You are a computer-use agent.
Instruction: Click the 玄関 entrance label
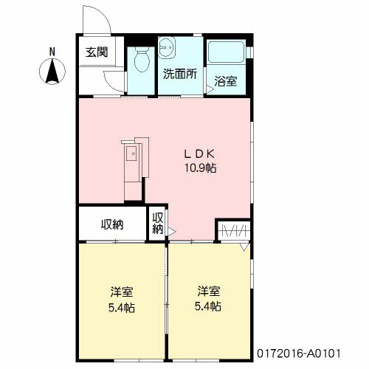[97, 52]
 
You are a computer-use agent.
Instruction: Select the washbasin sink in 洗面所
[167, 48]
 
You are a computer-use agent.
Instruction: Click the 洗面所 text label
[180, 74]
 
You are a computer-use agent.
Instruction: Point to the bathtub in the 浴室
[226, 52]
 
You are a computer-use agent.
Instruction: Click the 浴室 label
[226, 81]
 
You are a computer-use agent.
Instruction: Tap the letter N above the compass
[52, 52]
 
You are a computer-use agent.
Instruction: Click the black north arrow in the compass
[52, 72]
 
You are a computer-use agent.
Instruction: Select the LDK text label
[200, 154]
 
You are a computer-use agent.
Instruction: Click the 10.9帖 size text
[201, 168]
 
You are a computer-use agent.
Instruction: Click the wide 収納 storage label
[112, 224]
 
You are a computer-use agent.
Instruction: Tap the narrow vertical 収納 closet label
[158, 224]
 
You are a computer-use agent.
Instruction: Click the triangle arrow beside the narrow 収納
[172, 232]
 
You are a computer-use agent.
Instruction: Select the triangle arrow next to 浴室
[210, 90]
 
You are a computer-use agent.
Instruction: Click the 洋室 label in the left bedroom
[122, 292]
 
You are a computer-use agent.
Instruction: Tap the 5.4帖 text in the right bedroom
[208, 306]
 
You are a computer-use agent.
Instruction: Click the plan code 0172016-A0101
[299, 354]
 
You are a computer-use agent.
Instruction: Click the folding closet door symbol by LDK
[234, 231]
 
